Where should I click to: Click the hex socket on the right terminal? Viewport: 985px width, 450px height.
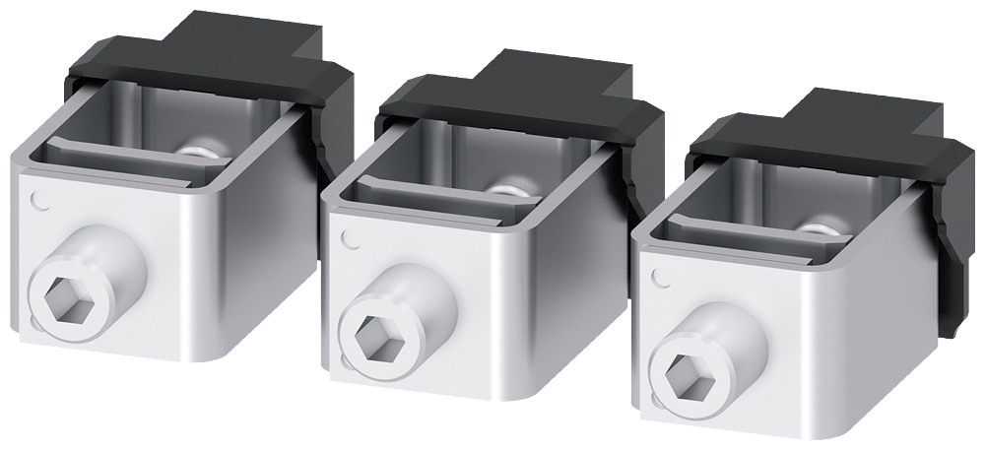point(683,372)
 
